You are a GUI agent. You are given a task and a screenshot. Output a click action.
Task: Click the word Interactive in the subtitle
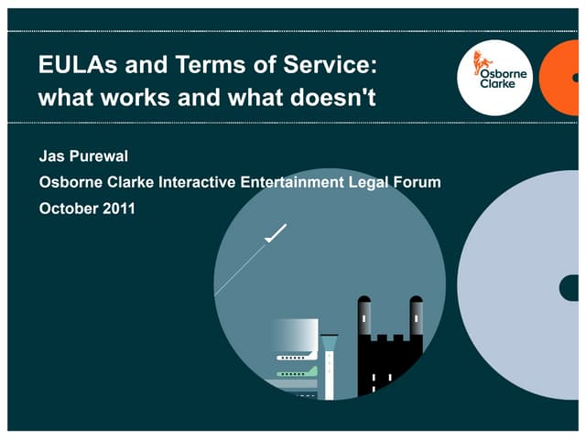[197, 182]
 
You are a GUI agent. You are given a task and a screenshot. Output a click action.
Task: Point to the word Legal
[369, 182]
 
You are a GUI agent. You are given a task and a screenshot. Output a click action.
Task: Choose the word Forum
[418, 182]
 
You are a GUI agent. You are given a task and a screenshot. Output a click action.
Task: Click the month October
[68, 208]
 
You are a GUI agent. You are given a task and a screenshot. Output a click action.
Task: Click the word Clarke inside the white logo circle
[497, 83]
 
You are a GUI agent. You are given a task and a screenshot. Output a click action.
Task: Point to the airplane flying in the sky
[274, 234]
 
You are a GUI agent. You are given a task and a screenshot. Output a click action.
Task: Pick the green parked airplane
[298, 372]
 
